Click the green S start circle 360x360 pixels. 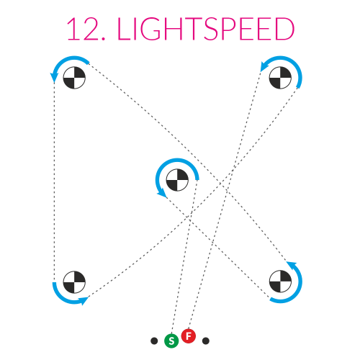pyautogui.click(x=171, y=341)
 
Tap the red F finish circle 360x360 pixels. pyautogui.click(x=189, y=336)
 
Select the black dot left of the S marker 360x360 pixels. pyautogui.click(x=154, y=341)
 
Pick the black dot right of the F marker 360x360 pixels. pyautogui.click(x=206, y=341)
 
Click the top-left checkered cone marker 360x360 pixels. pyautogui.click(x=74, y=78)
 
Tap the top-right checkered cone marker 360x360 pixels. pyautogui.click(x=280, y=78)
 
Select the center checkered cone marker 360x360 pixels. pyautogui.click(x=177, y=180)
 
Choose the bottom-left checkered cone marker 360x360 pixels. pyautogui.click(x=74, y=282)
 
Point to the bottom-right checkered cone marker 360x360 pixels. pyautogui.click(x=280, y=282)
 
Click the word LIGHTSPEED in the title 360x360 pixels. pyautogui.click(x=206, y=29)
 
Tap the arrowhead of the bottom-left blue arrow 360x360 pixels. pyautogui.click(x=84, y=300)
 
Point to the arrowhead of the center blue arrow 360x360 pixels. pyautogui.click(x=163, y=193)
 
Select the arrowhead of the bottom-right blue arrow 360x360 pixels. pyautogui.click(x=292, y=265)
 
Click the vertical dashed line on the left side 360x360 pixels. pyautogui.click(x=54, y=182)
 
